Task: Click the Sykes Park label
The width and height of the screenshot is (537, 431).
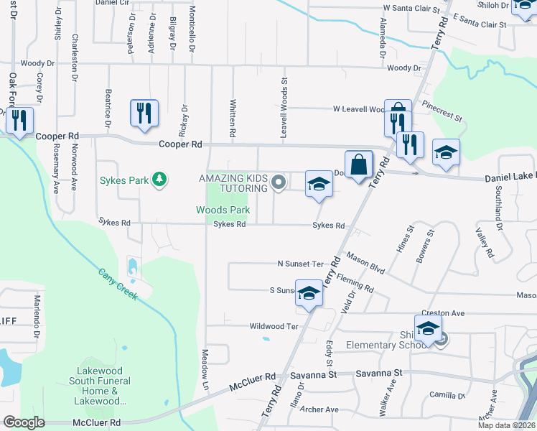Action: pyautogui.click(x=127, y=179)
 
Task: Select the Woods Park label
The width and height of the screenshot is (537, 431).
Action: pyautogui.click(x=223, y=210)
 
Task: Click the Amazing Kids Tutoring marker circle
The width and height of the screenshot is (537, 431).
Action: pyautogui.click(x=279, y=185)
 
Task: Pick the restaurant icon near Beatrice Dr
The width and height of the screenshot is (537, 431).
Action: pyautogui.click(x=144, y=113)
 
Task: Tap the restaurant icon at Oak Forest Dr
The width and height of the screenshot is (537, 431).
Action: pyautogui.click(x=19, y=119)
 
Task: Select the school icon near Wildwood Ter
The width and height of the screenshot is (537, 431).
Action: pyautogui.click(x=309, y=294)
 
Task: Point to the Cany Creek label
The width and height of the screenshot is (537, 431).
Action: pyautogui.click(x=118, y=284)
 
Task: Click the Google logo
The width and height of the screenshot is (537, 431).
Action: pyautogui.click(x=24, y=422)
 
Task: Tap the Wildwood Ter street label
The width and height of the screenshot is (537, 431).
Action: pyautogui.click(x=273, y=326)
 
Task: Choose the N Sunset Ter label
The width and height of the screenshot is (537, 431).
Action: pyautogui.click(x=301, y=264)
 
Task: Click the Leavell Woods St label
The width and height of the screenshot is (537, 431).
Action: pyautogui.click(x=284, y=98)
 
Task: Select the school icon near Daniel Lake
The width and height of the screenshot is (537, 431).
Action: pyautogui.click(x=446, y=152)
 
